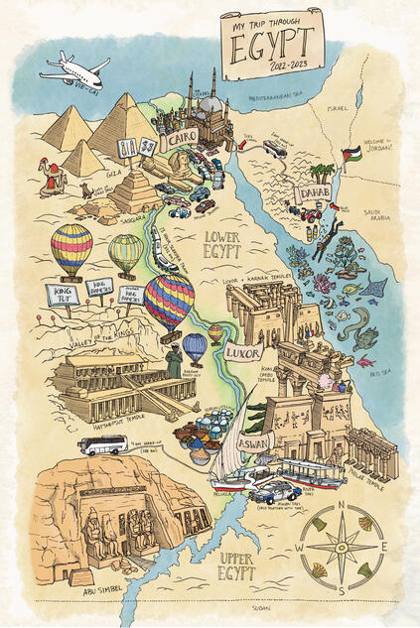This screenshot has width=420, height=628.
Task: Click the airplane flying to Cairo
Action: [x=75, y=70]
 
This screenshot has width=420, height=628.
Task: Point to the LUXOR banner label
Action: [x=243, y=352]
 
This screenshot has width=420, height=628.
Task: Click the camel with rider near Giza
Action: [x=51, y=176]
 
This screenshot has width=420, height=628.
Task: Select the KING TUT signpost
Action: [x=62, y=294]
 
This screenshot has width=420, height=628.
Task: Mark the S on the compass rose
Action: [x=339, y=591]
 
